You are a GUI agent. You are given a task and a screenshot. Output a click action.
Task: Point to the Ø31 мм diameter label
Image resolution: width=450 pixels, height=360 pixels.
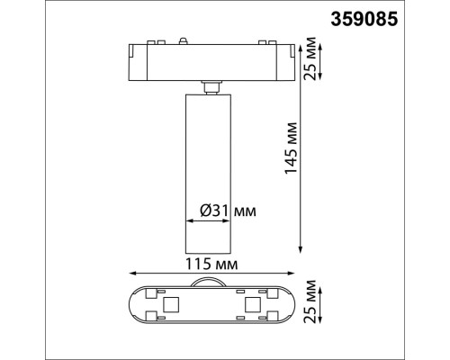tap(227, 211)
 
